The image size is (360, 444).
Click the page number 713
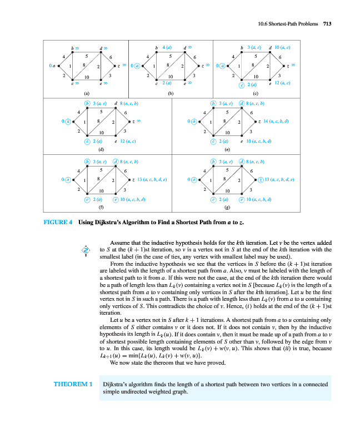coord(327,23)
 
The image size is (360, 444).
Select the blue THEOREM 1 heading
coord(73,384)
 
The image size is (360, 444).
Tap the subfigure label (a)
coord(86,93)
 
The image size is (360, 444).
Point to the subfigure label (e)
coord(226,149)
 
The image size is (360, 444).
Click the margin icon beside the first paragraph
coord(85,250)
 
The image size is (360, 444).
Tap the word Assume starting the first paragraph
coord(120,243)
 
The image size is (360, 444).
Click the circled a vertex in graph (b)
coord(137,65)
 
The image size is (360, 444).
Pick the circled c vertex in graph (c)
coord(241,84)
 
